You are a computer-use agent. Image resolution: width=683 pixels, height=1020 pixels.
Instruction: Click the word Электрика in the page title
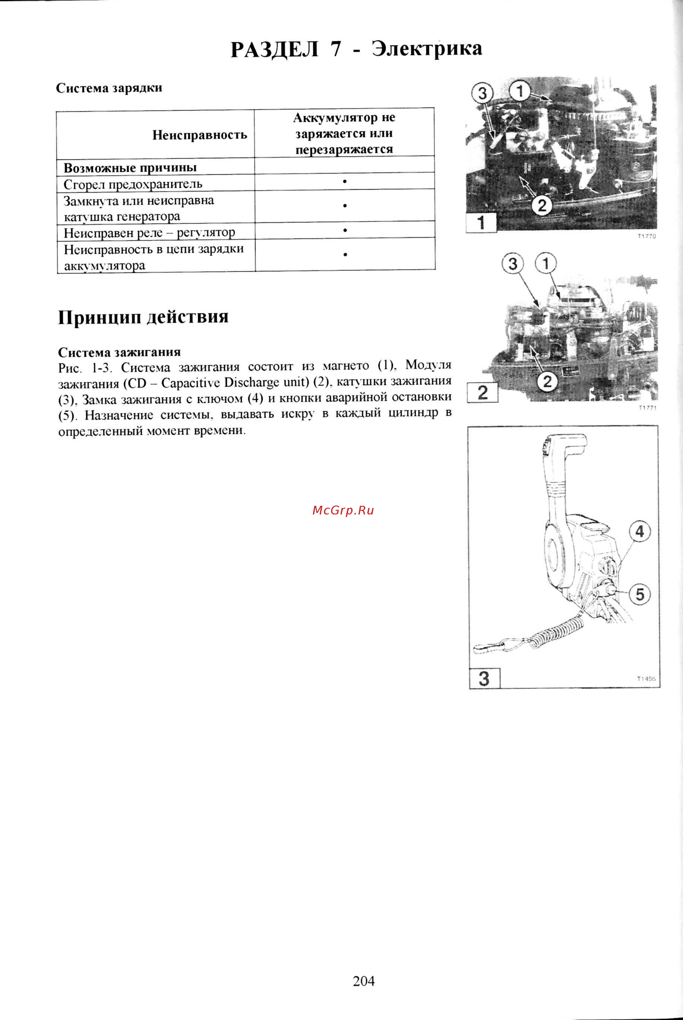coord(427,49)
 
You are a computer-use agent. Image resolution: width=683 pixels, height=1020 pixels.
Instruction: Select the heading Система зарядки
coord(109,88)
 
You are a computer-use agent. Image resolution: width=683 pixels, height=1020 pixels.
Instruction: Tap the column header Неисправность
coord(200,135)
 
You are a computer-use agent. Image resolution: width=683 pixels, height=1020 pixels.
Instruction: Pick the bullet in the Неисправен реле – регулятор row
coord(344,230)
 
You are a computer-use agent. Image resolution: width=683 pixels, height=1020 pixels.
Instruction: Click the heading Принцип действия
coord(143,317)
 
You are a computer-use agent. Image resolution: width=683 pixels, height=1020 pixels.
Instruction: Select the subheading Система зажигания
coord(119,352)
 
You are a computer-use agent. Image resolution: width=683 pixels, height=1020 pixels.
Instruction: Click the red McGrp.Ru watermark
coord(343,510)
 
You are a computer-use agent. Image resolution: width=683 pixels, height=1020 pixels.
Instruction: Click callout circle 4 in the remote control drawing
coord(640,532)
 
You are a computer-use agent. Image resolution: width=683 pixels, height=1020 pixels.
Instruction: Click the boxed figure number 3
coord(484,679)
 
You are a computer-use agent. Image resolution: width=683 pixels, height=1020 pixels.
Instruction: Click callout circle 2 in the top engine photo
coord(541,205)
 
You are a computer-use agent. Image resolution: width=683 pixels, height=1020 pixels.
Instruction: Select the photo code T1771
coord(647,408)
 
